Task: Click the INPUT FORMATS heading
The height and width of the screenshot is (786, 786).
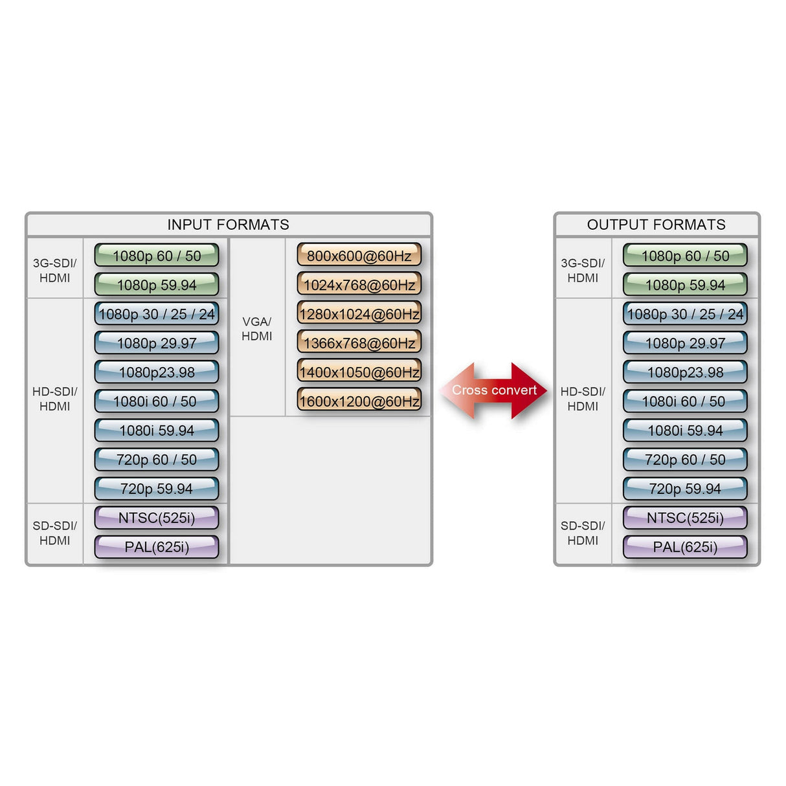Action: click(228, 225)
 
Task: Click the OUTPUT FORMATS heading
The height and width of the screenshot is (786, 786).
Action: click(656, 225)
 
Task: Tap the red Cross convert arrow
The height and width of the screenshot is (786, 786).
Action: click(494, 390)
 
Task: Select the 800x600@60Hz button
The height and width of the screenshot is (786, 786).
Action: click(359, 256)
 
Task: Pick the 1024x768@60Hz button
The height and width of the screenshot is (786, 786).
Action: click(359, 285)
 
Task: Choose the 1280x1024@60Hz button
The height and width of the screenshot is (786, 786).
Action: click(359, 314)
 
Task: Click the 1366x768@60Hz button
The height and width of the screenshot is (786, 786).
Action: click(359, 343)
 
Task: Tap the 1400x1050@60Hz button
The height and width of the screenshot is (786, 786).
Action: click(359, 372)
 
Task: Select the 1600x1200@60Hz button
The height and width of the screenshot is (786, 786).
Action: click(359, 401)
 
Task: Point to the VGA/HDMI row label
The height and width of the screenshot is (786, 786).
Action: click(257, 329)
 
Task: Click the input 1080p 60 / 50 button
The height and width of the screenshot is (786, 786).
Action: click(157, 256)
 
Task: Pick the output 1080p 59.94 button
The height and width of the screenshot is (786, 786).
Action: click(685, 285)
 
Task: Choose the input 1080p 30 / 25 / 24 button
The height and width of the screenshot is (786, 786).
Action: click(157, 314)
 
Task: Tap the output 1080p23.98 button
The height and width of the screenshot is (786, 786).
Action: click(685, 372)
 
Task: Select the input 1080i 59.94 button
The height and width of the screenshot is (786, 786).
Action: click(157, 431)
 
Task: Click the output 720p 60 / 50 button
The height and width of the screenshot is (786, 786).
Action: click(685, 460)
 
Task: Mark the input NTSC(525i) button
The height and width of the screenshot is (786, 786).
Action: click(157, 518)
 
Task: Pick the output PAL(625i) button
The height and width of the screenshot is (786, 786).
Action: click(685, 547)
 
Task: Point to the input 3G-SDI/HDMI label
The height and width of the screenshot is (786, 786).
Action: click(55, 271)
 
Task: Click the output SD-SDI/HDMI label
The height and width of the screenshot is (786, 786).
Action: click(583, 533)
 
